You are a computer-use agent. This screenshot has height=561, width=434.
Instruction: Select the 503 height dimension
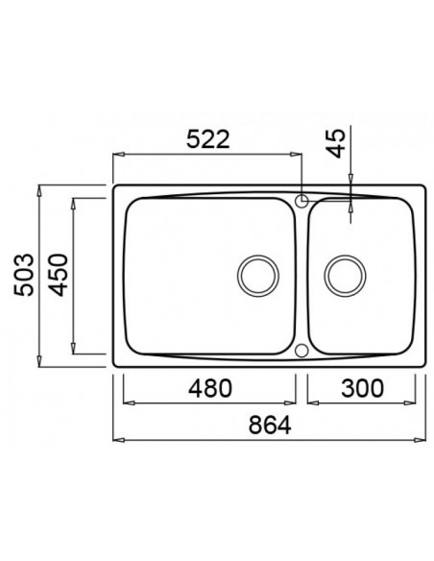click(x=26, y=276)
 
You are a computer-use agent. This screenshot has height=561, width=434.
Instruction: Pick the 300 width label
click(x=362, y=388)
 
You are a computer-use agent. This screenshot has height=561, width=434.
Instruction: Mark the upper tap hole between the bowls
click(x=302, y=201)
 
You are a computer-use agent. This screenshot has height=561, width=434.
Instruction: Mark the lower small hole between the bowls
click(x=302, y=351)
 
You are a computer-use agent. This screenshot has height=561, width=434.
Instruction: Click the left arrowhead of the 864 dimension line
click(x=117, y=439)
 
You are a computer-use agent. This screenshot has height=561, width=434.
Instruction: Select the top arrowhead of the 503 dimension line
click(x=39, y=189)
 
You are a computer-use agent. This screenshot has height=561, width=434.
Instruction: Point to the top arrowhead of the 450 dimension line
click(x=75, y=202)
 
